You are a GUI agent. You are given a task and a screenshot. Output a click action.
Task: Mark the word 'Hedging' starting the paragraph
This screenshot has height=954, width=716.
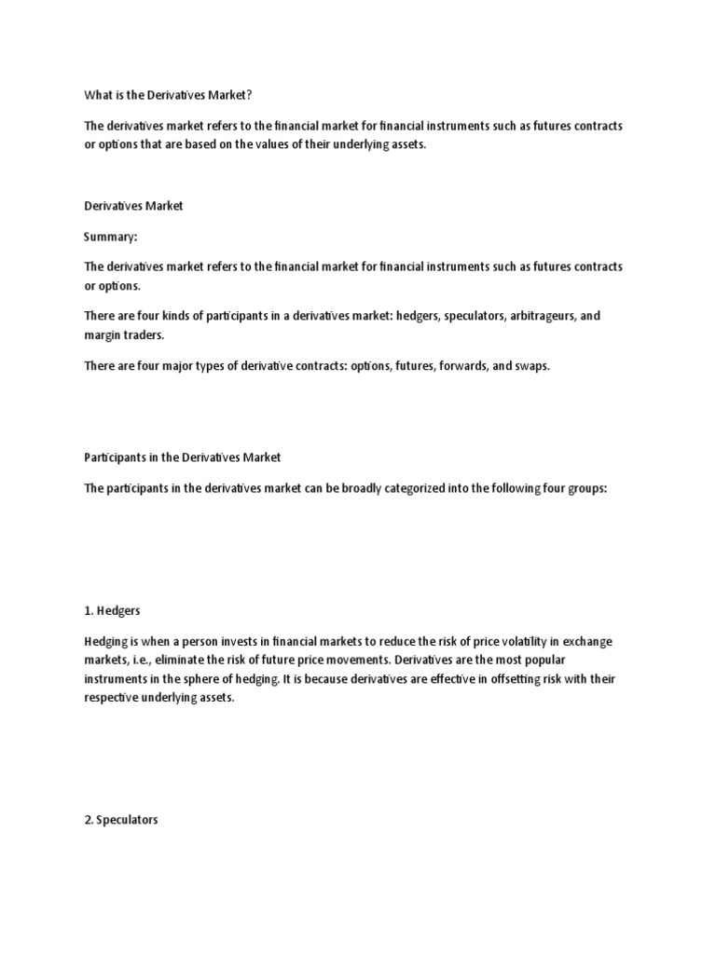coord(105,643)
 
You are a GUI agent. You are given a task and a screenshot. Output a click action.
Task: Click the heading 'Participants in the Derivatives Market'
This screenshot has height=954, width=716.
coord(182,457)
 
